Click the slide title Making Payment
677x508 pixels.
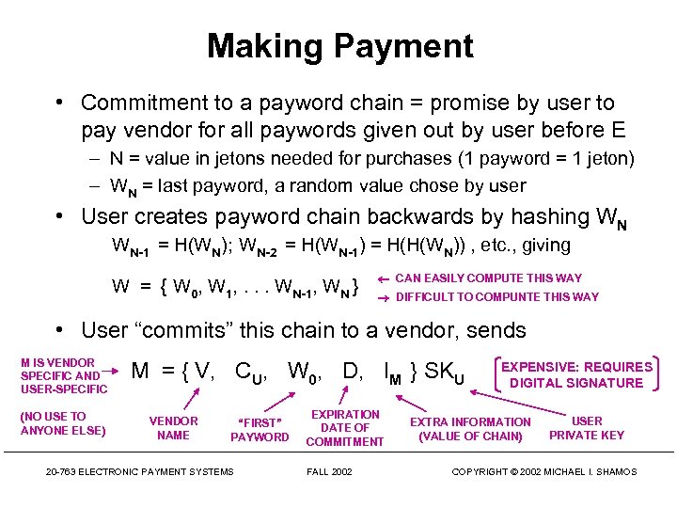coord(339,46)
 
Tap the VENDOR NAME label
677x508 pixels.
coord(174,428)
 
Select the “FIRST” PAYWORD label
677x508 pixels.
coord(260,430)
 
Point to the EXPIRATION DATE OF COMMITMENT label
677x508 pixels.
coord(345,428)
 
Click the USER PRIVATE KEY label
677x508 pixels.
coord(587,428)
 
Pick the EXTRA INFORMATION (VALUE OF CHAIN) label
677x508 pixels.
coord(470,429)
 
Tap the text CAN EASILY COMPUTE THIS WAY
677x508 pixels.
coord(488,278)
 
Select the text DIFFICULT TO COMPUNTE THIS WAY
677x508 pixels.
coord(496,297)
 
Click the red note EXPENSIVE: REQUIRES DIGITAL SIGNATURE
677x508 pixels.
coord(576,374)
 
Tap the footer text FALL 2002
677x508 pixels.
coord(329,471)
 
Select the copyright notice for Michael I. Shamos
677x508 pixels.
coord(543,471)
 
